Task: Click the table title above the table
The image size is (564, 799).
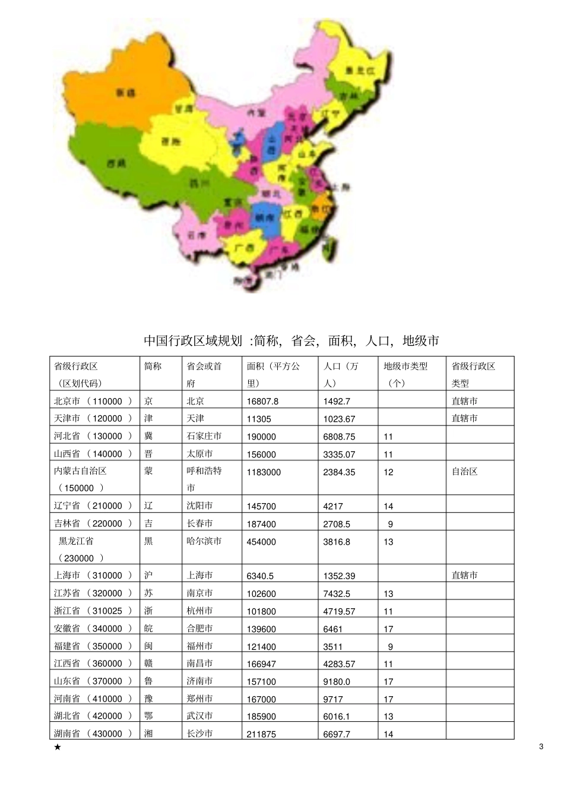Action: click(x=291, y=340)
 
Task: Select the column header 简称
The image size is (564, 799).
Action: click(x=153, y=367)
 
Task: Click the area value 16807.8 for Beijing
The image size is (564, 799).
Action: click(x=262, y=402)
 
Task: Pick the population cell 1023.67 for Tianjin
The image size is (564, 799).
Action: click(x=339, y=419)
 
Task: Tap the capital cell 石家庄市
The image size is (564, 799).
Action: click(x=204, y=436)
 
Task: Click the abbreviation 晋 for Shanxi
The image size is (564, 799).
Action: click(x=148, y=454)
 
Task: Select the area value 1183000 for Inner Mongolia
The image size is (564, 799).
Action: click(x=264, y=472)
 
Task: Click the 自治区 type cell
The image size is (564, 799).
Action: click(x=464, y=472)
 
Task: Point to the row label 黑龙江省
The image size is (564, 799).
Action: click(x=76, y=541)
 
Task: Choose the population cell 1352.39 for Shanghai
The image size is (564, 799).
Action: click(x=339, y=576)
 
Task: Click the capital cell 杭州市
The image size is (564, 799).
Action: click(x=199, y=611)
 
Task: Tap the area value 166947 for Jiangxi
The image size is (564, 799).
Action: click(x=261, y=664)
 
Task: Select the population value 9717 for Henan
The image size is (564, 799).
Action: click(x=333, y=699)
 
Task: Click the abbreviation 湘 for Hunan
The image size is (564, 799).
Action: click(x=148, y=734)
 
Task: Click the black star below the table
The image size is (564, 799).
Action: click(x=57, y=747)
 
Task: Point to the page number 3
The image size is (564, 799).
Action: click(x=541, y=747)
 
